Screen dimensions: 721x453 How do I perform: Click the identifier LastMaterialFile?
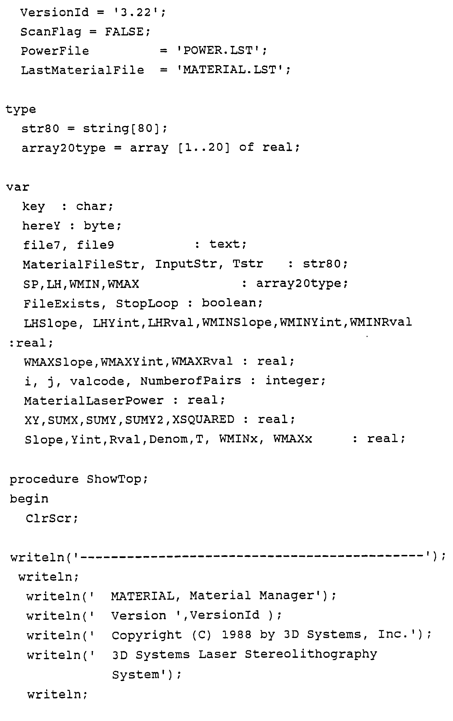(82, 70)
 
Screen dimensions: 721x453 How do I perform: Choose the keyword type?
(21, 110)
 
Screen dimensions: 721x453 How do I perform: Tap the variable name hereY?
(41, 226)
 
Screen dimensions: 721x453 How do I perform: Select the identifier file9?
(95, 245)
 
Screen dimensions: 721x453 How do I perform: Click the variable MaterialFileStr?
(81, 264)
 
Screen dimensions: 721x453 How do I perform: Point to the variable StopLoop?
(147, 304)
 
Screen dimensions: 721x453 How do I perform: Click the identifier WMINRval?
(381, 323)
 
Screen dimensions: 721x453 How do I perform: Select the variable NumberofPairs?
(191, 381)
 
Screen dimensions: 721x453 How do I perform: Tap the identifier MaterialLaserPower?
(94, 401)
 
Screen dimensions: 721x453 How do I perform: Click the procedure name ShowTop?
(114, 479)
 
